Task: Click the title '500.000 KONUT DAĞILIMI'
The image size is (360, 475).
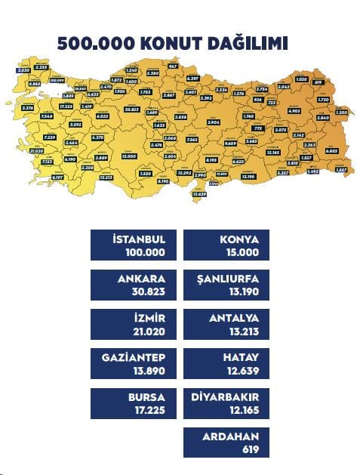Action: pos(172,43)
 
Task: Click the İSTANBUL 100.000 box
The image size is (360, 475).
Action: pos(133,245)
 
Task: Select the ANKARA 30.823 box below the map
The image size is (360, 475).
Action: pos(133,285)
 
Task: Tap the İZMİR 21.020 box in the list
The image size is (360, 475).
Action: pos(133,324)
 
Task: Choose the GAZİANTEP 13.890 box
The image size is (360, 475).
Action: pos(133,364)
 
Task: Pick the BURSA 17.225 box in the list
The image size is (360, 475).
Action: pos(133,403)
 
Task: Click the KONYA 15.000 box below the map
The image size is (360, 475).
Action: pos(226,245)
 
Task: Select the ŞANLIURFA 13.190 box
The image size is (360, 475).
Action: pos(226,285)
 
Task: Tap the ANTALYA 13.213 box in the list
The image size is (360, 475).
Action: pos(226,324)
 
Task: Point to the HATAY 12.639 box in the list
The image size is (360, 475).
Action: pos(226,364)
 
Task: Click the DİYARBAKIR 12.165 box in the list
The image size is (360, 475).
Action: pos(226,403)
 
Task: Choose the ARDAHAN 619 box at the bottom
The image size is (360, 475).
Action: pos(226,443)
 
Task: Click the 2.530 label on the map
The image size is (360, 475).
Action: pos(23,70)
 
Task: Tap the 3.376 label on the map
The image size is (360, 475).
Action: pos(29,108)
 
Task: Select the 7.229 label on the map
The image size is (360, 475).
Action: pos(29,137)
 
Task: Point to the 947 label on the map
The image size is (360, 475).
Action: pos(173,66)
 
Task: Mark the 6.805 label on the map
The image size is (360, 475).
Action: pos(332,151)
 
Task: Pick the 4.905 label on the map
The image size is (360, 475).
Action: pos(294,110)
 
